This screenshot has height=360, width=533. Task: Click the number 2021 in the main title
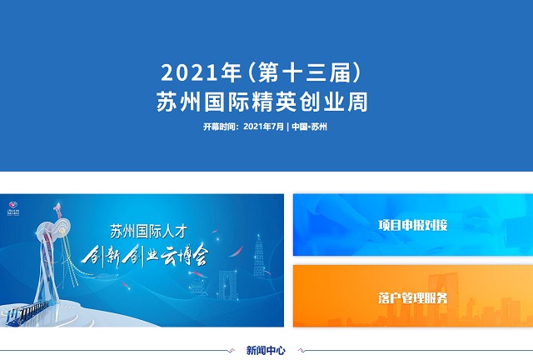coord(189,72)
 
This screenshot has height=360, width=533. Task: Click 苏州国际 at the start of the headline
coord(203,102)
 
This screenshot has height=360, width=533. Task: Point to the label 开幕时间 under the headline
coord(219,127)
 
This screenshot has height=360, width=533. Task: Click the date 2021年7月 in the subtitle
coord(263,127)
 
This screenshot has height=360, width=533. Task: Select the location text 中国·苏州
coord(309,127)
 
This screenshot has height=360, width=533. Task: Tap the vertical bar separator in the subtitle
coord(288,127)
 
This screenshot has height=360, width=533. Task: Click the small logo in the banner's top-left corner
coord(13,208)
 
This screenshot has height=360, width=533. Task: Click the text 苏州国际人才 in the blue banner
coord(148,232)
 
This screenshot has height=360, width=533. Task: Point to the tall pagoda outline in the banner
coord(259,255)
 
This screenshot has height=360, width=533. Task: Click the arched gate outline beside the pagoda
coord(228,284)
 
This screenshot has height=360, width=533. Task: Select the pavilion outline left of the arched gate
coord(198,286)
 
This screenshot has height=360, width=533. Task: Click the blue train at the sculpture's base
coord(27,312)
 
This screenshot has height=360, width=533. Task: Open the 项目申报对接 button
coord(413,225)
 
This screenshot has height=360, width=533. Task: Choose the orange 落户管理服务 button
coord(413,297)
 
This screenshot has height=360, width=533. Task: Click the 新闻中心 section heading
coord(266,350)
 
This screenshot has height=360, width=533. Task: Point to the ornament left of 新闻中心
coord(232,350)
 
